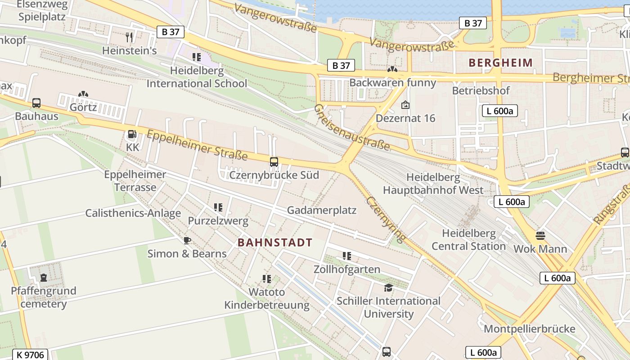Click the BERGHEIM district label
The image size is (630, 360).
click(500, 63)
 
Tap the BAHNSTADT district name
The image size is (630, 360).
click(274, 243)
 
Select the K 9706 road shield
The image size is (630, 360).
click(30, 355)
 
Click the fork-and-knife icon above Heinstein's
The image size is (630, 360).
click(130, 37)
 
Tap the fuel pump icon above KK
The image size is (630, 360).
click(132, 134)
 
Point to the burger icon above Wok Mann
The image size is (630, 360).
click(540, 235)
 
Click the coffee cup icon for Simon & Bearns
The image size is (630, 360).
click(187, 240)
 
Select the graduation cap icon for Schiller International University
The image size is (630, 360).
click(388, 288)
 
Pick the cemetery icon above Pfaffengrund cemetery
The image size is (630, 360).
click(44, 278)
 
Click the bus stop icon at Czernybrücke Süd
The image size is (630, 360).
click(274, 162)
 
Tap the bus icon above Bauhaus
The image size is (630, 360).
click(36, 103)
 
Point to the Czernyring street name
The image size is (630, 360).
click(386, 219)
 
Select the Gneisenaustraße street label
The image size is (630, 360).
click(352, 127)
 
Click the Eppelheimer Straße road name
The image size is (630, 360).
click(197, 145)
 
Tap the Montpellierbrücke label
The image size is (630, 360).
click(529, 328)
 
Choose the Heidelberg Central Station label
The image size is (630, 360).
click(468, 240)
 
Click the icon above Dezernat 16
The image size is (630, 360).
click(405, 105)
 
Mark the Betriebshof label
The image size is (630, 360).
click(481, 90)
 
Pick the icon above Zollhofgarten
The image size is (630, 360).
click(346, 256)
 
